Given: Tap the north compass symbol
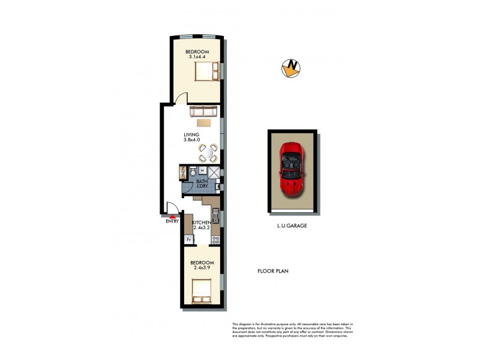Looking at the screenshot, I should pos(290,68).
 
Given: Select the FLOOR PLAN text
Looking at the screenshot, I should pos(273,271).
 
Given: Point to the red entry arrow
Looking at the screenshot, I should pos(173,215).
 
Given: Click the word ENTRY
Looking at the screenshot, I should pos(173,222).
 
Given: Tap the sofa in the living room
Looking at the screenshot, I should pos(203,112).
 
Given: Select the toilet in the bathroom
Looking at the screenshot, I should pos(190,173).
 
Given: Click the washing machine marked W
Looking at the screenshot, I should pos(202,170).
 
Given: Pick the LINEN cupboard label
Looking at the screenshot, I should pos(182,173).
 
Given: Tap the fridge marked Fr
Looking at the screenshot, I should pos(189,239).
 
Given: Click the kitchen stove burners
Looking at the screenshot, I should pos(215,239).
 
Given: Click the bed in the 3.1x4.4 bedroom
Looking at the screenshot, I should pos(206,72).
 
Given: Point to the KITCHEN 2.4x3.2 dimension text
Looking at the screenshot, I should pos(202,226).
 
